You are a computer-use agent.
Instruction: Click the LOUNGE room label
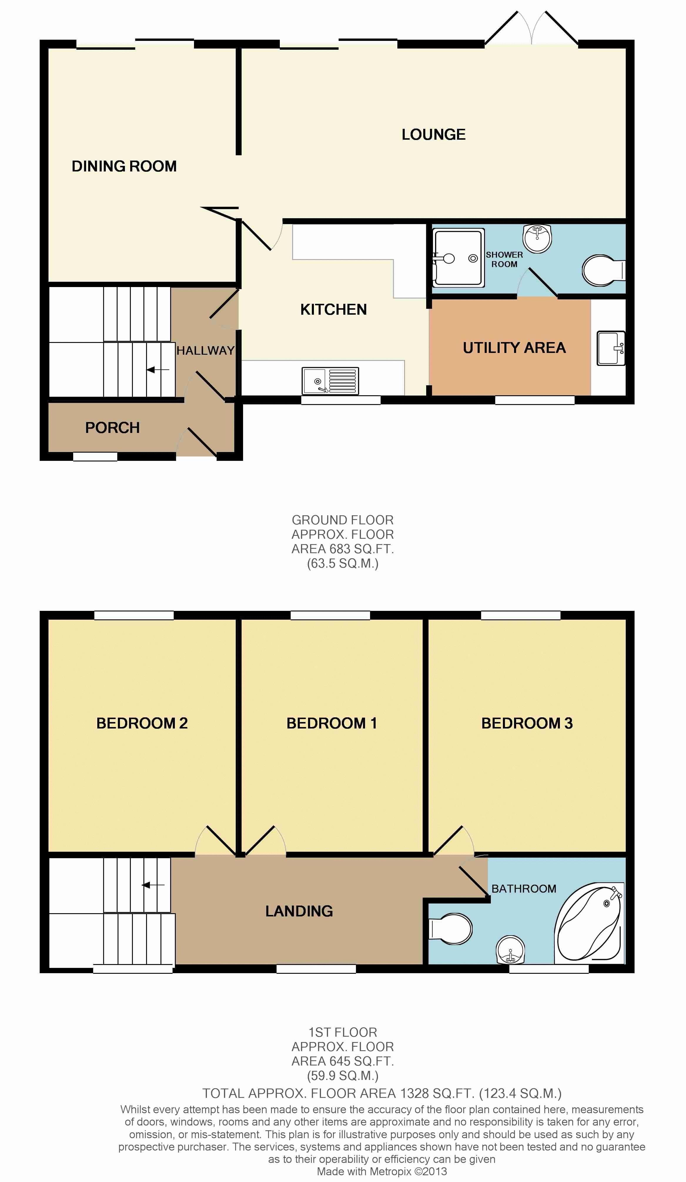[433, 135]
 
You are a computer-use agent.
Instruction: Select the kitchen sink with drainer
[330, 380]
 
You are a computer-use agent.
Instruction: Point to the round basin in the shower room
[537, 238]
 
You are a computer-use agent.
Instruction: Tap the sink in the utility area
[610, 348]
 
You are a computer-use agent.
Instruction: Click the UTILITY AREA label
[514, 348]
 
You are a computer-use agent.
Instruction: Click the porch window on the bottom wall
[95, 456]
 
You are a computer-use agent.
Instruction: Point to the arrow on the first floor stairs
[153, 885]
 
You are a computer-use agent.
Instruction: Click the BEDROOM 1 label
[332, 723]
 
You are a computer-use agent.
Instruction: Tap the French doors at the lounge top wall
[531, 29]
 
